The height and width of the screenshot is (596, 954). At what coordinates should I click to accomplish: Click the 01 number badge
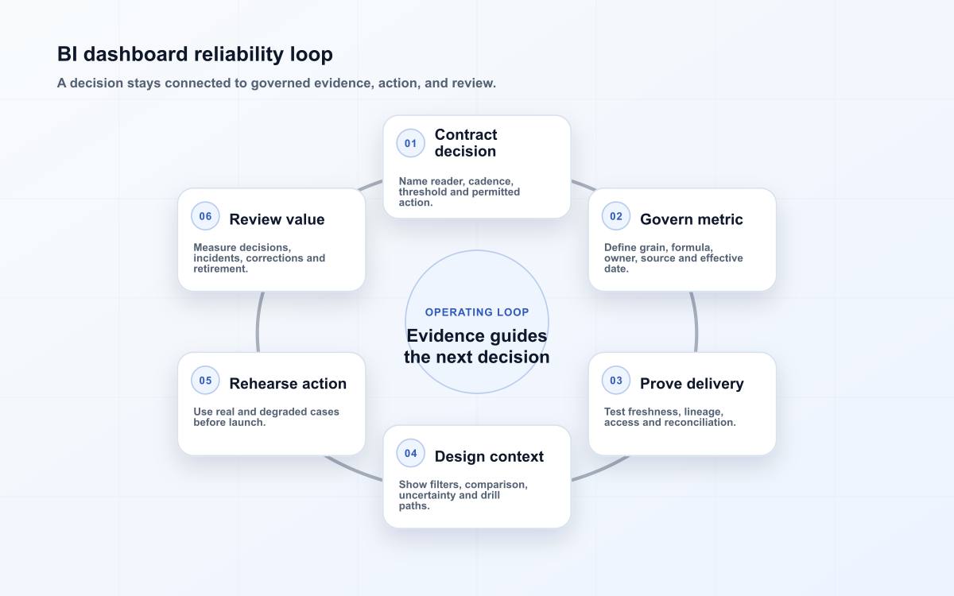(410, 144)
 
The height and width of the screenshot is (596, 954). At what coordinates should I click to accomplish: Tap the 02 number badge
(616, 216)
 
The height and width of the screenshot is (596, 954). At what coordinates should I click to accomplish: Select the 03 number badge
(616, 381)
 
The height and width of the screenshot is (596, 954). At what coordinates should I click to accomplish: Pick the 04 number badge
(410, 454)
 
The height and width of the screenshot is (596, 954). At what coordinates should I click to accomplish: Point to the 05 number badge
(205, 381)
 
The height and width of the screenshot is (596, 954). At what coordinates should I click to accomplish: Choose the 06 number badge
(205, 216)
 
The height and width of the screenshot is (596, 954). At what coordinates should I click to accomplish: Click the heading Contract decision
(466, 143)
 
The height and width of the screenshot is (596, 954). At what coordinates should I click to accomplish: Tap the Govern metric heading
(691, 219)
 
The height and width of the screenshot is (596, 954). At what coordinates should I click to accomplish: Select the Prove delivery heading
(692, 384)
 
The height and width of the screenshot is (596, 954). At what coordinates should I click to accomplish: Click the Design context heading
(489, 456)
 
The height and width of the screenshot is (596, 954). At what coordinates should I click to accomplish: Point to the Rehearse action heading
(288, 384)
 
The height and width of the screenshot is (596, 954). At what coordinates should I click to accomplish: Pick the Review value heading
(277, 219)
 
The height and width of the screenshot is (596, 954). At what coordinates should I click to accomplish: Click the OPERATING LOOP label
(477, 312)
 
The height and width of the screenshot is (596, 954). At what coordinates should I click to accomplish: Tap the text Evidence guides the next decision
(477, 346)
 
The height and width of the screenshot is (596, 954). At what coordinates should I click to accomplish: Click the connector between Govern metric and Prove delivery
(696, 323)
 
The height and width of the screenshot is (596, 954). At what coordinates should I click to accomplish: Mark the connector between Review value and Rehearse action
(258, 323)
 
